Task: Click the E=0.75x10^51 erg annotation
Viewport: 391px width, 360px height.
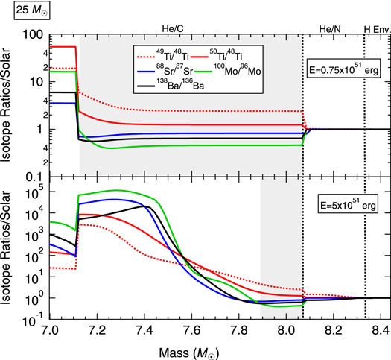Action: [345, 72]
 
